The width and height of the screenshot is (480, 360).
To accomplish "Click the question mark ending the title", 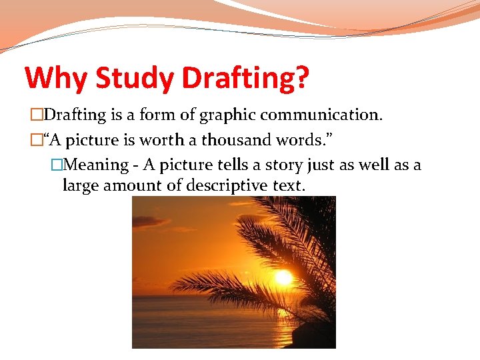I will [x=301, y=78].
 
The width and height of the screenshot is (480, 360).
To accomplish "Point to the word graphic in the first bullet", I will [x=223, y=115].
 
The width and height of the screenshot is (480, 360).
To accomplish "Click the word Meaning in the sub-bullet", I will [x=98, y=165].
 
